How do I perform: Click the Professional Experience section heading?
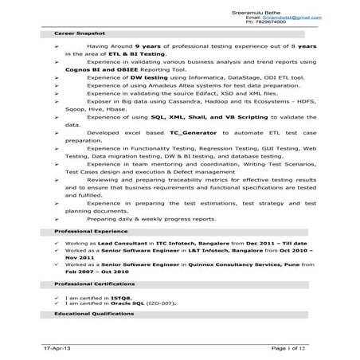pyautogui.click(x=85, y=229)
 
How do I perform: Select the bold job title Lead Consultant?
pyautogui.click(x=112, y=241)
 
